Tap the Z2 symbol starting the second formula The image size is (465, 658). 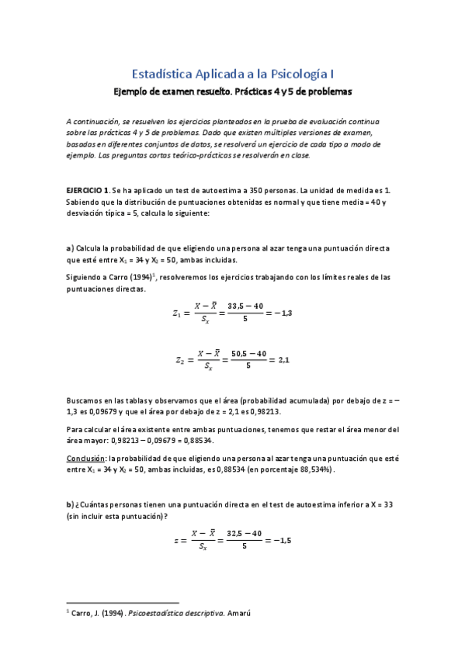pos(179,361)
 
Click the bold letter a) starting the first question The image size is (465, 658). pos(70,248)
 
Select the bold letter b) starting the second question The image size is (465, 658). pos(70,504)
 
